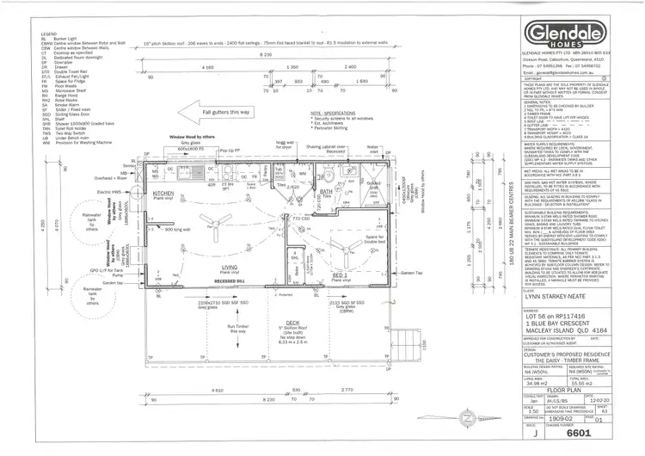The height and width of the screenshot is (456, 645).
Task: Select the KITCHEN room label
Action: point(164,195)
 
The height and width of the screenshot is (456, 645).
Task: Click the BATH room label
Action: point(325,192)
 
